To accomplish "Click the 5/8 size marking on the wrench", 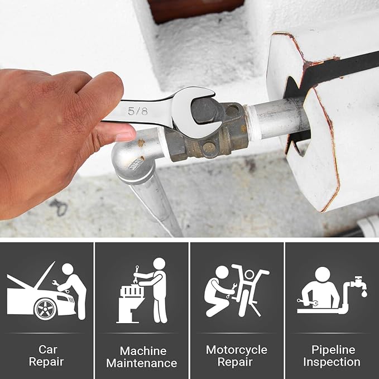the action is (137, 111).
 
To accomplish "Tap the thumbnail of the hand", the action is (125, 136).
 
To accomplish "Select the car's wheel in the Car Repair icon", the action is (45, 309).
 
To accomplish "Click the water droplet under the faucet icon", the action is (364, 294).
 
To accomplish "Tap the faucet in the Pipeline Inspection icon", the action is (359, 282).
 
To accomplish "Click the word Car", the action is (47, 349).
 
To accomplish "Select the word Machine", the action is (143, 351).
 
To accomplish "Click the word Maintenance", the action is (142, 363).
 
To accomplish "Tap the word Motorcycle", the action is (237, 350).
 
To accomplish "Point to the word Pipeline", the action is (333, 350).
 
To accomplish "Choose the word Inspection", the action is (332, 362).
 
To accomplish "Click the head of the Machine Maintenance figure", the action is (159, 263).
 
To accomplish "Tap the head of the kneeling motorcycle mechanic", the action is (222, 272).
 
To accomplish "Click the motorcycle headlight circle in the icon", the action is (250, 275).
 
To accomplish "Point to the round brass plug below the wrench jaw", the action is (209, 147).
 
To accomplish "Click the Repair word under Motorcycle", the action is (235, 362).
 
